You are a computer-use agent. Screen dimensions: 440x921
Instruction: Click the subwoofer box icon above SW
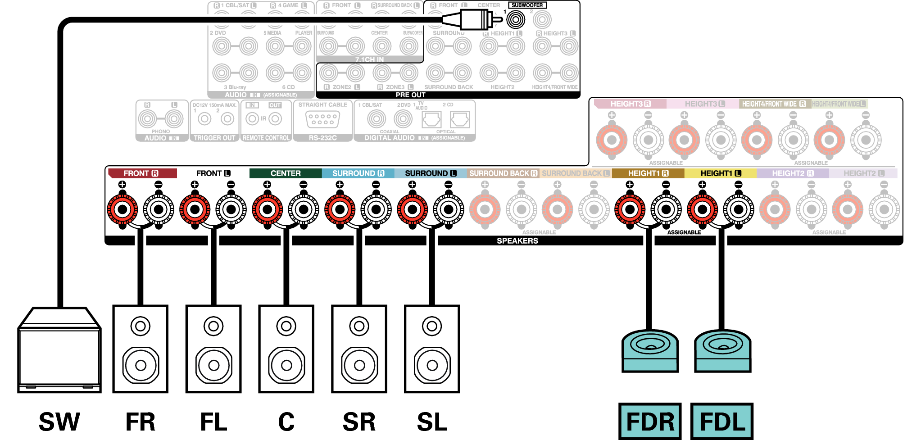tap(59, 351)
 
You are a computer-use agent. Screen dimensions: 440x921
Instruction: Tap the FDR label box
tap(650, 421)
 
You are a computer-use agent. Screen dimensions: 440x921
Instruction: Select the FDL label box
tap(722, 421)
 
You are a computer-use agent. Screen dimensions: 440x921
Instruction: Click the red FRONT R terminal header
tap(141, 173)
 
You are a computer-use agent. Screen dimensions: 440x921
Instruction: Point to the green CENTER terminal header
tap(286, 173)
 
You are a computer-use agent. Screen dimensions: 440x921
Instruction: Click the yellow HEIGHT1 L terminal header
tap(720, 173)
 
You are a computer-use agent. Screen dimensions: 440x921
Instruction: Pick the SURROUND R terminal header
tap(358, 173)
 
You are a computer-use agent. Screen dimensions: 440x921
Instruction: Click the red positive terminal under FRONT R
tap(122, 209)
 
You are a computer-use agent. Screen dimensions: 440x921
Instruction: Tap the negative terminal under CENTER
tap(304, 209)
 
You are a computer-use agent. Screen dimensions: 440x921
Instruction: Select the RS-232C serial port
tap(322, 119)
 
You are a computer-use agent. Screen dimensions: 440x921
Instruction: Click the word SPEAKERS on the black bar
tap(517, 241)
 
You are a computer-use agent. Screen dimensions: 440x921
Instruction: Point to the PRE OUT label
tap(410, 95)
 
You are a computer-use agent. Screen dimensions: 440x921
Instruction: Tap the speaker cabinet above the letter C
tap(286, 349)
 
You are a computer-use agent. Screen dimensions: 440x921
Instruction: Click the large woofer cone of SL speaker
tap(432, 365)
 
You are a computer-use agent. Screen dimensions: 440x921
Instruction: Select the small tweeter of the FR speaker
tap(140, 326)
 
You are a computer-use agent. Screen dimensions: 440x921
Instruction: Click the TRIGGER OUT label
tap(214, 138)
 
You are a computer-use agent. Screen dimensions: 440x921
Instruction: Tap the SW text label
tap(59, 422)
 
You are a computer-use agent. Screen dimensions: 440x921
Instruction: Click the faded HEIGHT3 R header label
tap(630, 104)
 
